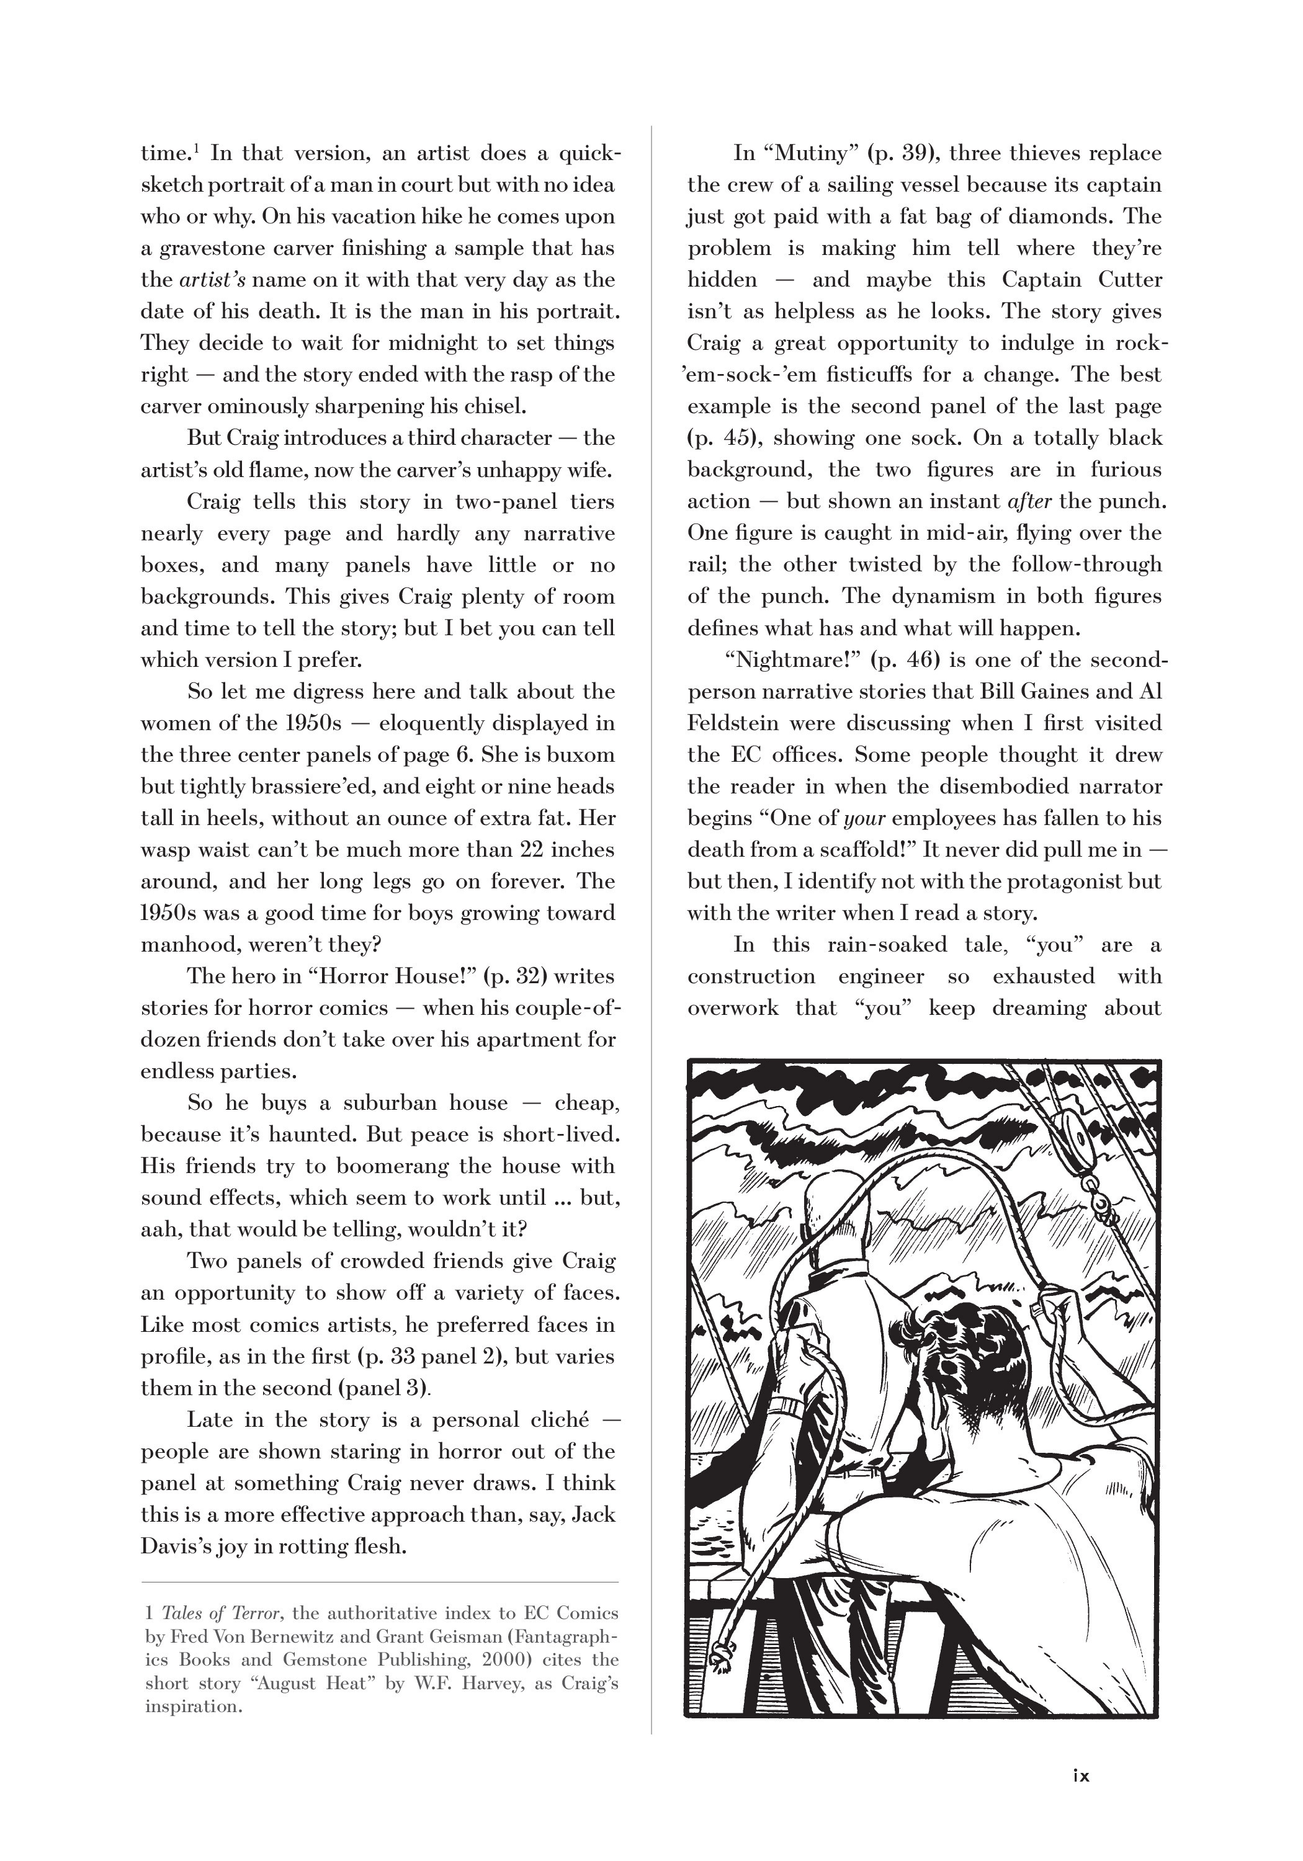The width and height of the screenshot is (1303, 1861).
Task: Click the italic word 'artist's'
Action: (x=212, y=280)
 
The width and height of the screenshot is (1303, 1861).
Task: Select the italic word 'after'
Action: (x=1029, y=501)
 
